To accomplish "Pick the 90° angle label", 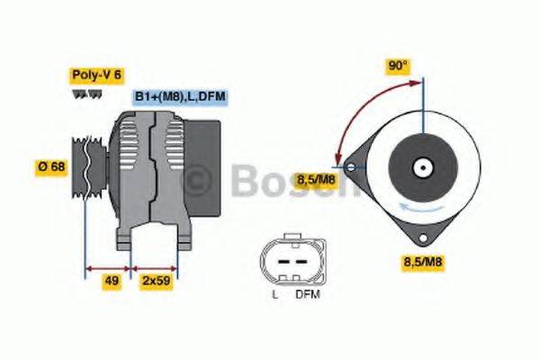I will [x=398, y=66].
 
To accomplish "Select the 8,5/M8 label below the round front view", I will [x=423, y=262].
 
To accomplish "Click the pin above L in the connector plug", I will [x=280, y=262].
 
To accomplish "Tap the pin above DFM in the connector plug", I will [x=298, y=262].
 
